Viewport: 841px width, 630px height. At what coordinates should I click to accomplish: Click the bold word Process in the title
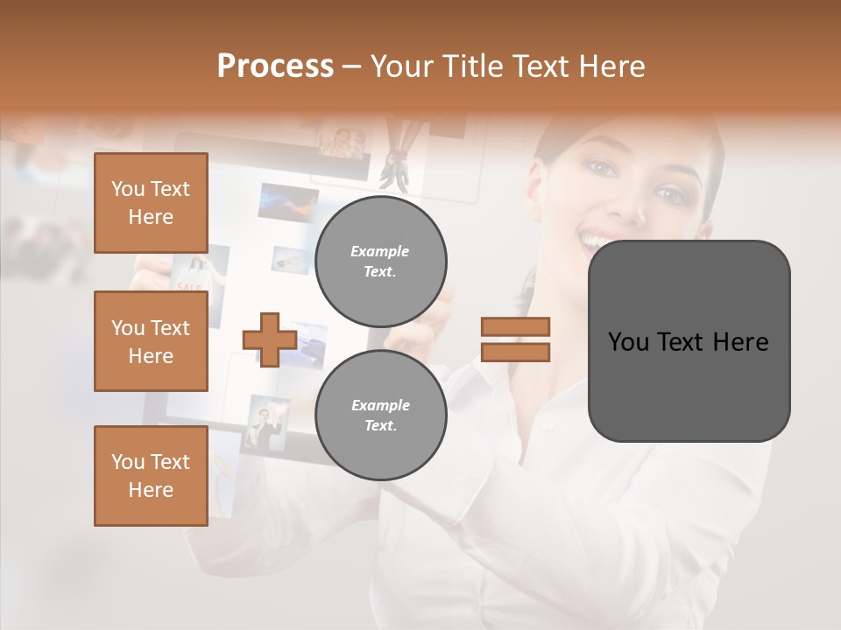[275, 66]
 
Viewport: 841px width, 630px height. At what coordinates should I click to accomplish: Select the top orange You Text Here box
[151, 203]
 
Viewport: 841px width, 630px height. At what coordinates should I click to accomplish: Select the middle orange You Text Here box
[151, 341]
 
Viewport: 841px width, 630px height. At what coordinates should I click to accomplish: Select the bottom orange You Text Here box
[151, 476]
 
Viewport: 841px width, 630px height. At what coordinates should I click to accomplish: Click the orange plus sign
[270, 339]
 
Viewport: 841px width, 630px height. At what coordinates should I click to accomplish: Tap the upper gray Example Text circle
[381, 262]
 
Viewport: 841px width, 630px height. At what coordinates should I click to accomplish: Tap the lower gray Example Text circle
[381, 416]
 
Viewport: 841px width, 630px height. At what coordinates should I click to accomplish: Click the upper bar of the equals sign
[515, 326]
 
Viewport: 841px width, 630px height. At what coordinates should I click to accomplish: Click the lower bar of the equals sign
[515, 352]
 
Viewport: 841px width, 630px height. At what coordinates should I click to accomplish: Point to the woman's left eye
[672, 193]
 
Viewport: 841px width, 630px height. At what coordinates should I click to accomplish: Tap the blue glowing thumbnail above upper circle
[289, 202]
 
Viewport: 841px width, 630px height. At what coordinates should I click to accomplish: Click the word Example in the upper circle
[379, 251]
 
